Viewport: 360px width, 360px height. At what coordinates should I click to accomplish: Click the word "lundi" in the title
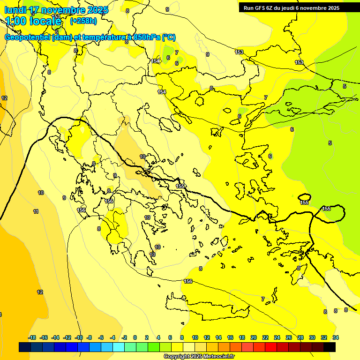point(15,10)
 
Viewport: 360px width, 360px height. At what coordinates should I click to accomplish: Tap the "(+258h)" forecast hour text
point(83,21)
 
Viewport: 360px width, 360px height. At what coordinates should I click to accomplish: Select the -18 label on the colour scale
point(32,337)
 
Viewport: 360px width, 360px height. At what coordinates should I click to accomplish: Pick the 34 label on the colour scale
point(336,337)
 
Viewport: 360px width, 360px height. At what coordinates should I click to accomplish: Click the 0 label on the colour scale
point(135,337)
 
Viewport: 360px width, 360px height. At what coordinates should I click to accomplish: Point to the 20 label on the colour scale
point(254,337)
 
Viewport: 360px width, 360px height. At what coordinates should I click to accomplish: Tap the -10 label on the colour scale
point(79,337)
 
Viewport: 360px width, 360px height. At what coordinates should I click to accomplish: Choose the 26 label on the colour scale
point(289,337)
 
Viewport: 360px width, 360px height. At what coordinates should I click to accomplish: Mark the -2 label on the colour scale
point(124,337)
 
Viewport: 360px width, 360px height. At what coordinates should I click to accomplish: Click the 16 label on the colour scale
point(230,337)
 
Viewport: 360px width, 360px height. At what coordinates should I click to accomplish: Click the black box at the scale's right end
point(330,347)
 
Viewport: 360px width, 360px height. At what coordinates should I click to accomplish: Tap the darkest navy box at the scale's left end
point(25,347)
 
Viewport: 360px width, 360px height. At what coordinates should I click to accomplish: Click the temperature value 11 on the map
point(36,211)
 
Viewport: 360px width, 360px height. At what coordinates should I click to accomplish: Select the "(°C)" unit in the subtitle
point(169,37)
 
